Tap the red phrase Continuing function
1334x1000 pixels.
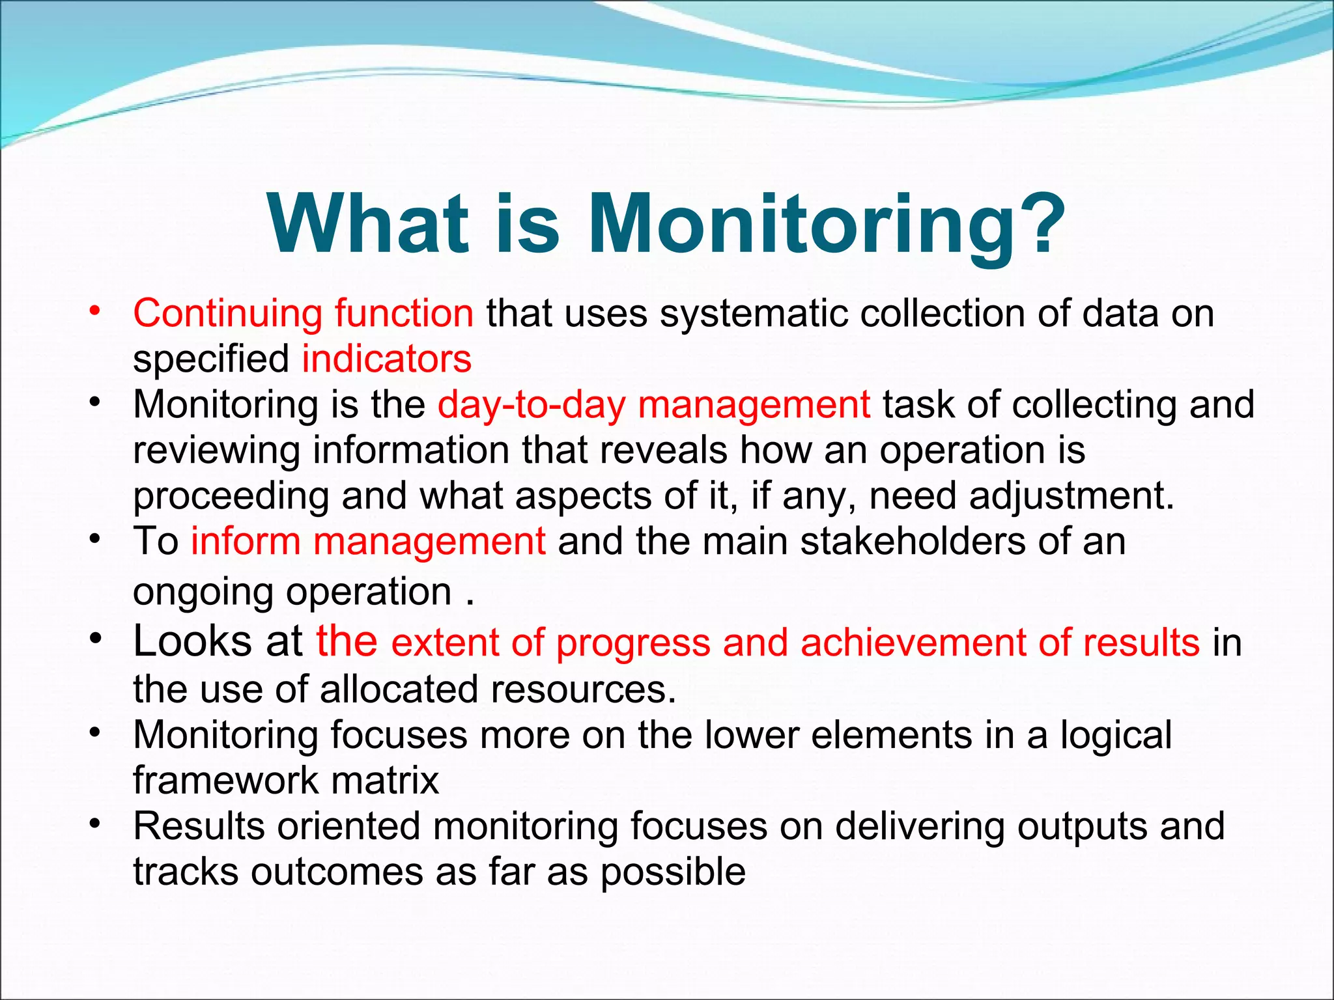pyautogui.click(x=303, y=313)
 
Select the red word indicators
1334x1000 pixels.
pyautogui.click(x=386, y=359)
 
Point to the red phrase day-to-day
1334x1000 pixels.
pyautogui.click(x=531, y=404)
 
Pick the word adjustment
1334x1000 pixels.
pyautogui.click(x=1071, y=495)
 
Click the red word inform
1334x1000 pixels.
pyautogui.click(x=245, y=541)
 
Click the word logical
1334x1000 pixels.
pyautogui.click(x=1116, y=734)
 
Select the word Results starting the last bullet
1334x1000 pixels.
pyautogui.click(x=198, y=826)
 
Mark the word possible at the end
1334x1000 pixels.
pyautogui.click(x=672, y=873)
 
